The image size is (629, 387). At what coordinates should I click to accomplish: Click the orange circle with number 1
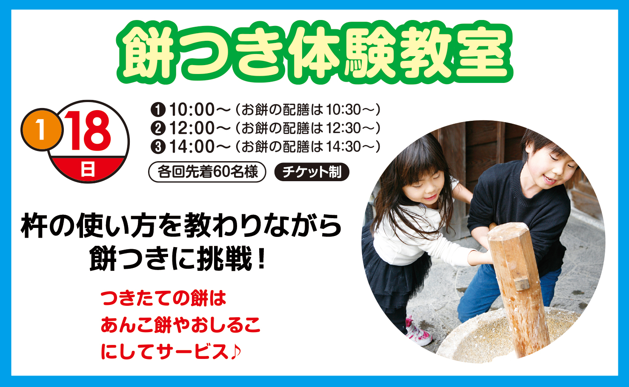pos(42,130)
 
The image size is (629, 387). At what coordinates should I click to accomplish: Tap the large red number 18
pos(89,131)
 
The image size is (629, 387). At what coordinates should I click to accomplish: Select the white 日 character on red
pos(88,169)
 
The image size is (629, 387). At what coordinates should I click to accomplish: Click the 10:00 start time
pos(192,109)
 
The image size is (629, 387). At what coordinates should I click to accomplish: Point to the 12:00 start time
pos(192,128)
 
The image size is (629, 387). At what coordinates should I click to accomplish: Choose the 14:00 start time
pos(192,147)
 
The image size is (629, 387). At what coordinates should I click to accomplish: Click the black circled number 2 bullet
pos(158,128)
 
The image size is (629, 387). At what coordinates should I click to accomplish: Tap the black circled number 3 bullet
pos(158,147)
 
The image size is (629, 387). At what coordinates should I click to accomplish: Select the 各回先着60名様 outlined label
pos(207,172)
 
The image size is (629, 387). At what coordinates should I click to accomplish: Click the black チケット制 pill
pos(312,172)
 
